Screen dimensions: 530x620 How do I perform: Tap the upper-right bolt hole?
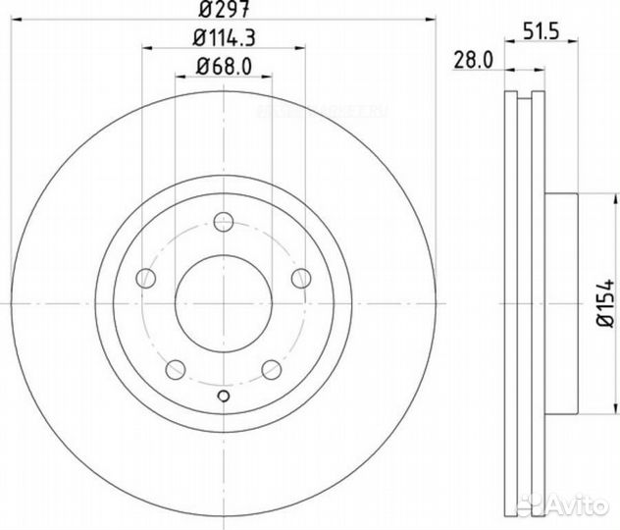pyautogui.click(x=301, y=278)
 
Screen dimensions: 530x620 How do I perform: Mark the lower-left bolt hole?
pyautogui.click(x=176, y=369)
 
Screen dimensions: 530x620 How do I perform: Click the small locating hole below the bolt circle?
pyautogui.click(x=224, y=397)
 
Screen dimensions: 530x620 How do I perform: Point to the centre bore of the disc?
pyautogui.click(x=224, y=302)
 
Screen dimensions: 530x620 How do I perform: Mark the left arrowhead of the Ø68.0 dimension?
pyautogui.click(x=180, y=77)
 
